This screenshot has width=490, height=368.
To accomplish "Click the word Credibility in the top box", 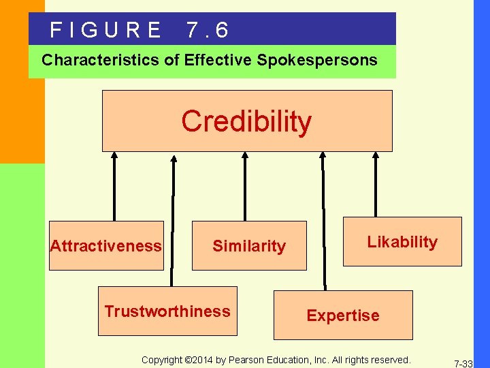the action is [x=246, y=121].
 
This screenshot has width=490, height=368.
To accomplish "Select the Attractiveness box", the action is [x=106, y=245].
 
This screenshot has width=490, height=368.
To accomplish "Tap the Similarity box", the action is [x=249, y=246].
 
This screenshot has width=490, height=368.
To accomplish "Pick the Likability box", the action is [x=402, y=242].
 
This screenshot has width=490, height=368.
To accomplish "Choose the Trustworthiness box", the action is [x=167, y=311].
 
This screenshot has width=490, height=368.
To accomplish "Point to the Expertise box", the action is [x=343, y=316].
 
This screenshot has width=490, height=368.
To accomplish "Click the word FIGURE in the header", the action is [x=106, y=30].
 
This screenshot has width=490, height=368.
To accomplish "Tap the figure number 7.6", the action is [x=207, y=30].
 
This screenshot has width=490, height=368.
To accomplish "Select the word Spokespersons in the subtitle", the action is [x=317, y=60].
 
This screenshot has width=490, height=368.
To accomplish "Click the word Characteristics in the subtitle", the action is [x=101, y=60].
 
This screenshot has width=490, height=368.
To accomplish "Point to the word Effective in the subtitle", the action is [x=218, y=60].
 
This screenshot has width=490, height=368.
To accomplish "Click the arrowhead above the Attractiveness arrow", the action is [x=114, y=155].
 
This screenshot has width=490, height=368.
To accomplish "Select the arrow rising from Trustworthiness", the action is [x=173, y=218].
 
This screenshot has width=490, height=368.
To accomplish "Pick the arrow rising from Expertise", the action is [x=324, y=218].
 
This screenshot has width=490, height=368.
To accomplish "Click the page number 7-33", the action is [x=463, y=364].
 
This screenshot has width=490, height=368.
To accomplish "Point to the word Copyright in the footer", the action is [x=162, y=359].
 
